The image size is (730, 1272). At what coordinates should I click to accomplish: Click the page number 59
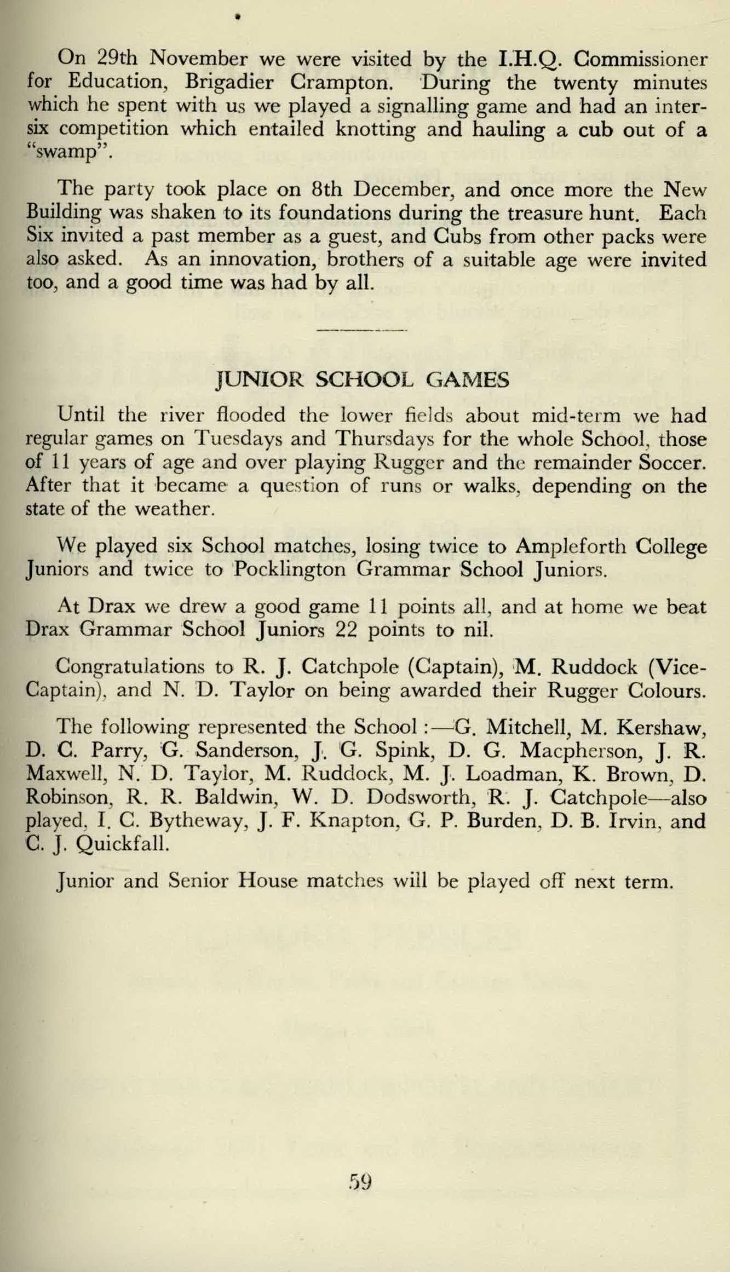(360, 1182)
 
